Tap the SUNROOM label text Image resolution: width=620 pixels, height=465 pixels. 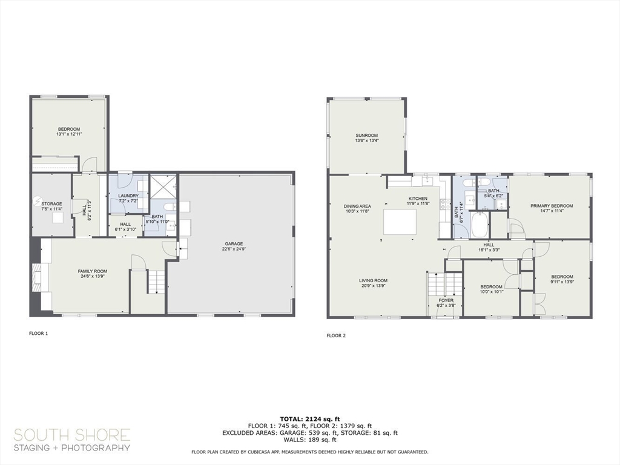(x=366, y=135)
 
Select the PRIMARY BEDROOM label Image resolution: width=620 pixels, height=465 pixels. (x=552, y=206)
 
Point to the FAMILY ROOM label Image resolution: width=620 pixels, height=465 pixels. (x=92, y=271)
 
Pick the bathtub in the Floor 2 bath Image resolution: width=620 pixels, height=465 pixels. (x=480, y=225)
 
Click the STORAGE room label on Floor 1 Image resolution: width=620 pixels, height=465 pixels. (x=52, y=203)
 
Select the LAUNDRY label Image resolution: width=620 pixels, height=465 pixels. (x=128, y=196)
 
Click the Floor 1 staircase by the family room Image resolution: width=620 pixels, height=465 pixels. (x=157, y=282)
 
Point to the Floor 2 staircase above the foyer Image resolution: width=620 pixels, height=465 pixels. (x=444, y=284)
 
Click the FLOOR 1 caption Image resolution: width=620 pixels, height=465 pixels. (x=38, y=334)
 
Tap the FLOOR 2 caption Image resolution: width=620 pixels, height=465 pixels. (x=336, y=335)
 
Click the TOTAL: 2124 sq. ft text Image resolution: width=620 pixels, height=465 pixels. (x=309, y=419)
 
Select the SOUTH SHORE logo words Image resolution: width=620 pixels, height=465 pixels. (x=72, y=435)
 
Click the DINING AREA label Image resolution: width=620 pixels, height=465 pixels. (x=357, y=206)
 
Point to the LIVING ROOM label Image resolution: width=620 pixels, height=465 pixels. (x=373, y=280)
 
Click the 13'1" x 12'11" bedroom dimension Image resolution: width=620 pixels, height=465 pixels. (x=69, y=134)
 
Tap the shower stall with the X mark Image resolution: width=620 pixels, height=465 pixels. (x=163, y=186)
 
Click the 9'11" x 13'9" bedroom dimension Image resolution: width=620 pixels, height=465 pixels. (x=562, y=282)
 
